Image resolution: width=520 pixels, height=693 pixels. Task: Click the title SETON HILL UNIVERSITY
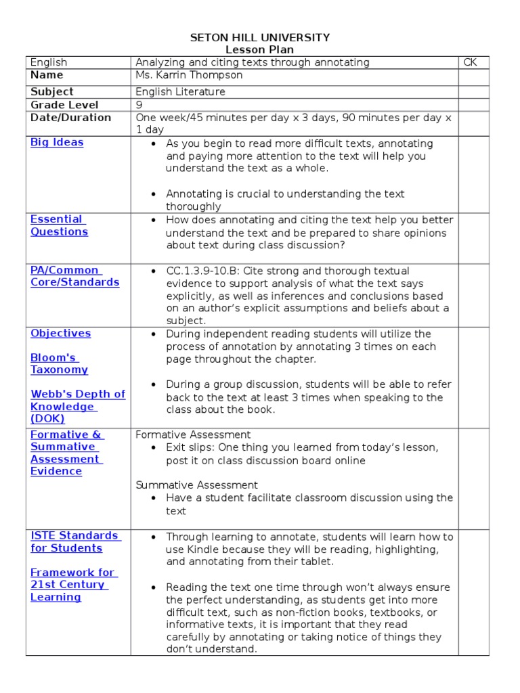click(260, 37)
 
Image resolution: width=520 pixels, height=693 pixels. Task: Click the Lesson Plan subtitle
click(260, 49)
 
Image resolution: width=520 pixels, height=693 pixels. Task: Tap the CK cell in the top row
click(470, 62)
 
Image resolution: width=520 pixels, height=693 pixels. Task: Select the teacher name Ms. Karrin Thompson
click(189, 75)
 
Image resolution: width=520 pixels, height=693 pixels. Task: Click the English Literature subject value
click(180, 91)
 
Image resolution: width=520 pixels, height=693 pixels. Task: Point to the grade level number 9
click(139, 105)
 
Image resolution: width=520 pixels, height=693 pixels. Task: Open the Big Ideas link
click(57, 142)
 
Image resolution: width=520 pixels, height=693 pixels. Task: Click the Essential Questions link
click(59, 225)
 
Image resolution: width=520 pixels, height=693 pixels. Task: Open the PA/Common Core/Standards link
click(74, 276)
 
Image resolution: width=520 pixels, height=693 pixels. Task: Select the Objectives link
click(60, 333)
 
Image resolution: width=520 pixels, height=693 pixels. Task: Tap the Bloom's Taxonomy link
click(59, 363)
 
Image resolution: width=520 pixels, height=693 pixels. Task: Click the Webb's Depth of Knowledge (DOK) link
click(77, 406)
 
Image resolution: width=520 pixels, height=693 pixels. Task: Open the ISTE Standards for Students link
click(75, 541)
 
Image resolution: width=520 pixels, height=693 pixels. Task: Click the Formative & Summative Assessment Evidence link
click(66, 453)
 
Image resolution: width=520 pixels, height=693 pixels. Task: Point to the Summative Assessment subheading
click(196, 485)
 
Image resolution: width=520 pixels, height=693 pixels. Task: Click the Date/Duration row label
click(70, 118)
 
